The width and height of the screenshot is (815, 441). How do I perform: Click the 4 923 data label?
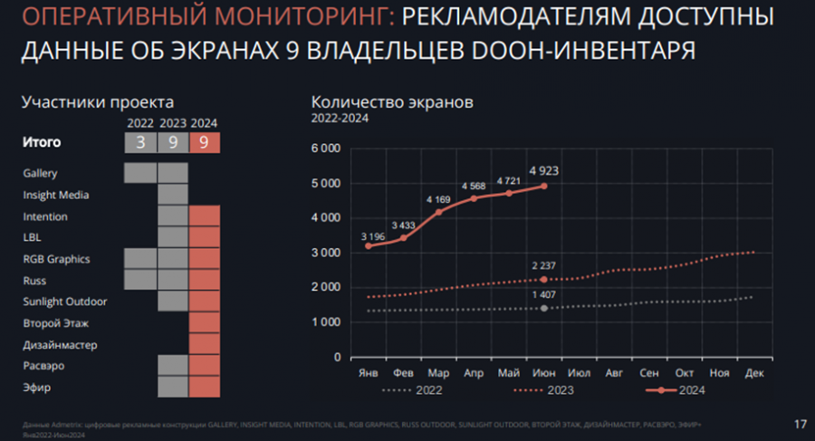(544, 169)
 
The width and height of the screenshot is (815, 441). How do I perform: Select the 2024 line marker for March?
(439, 212)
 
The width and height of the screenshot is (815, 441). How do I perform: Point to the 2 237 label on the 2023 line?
(543, 265)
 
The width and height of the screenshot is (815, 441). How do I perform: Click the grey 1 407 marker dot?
(544, 308)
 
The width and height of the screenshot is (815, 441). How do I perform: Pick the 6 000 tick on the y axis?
(324, 149)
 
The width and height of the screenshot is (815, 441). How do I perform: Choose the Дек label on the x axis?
(753, 373)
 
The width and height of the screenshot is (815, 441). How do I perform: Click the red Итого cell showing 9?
(206, 142)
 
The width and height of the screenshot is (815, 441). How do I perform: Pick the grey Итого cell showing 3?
(139, 142)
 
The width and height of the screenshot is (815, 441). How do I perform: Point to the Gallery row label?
(40, 173)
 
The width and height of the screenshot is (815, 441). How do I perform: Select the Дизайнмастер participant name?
(59, 345)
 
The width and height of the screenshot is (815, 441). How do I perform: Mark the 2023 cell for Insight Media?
(172, 194)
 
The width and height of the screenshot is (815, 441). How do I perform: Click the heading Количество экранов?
(391, 102)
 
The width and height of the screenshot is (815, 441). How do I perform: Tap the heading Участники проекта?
(98, 102)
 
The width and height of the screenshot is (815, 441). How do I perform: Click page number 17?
(799, 423)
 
